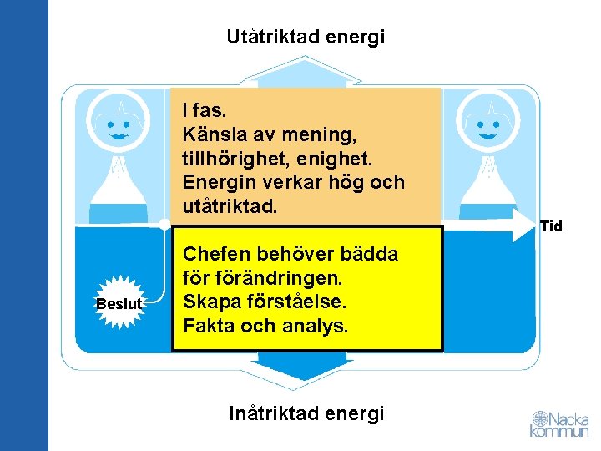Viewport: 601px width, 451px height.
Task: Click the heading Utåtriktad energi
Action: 306,37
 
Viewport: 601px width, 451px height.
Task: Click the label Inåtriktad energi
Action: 306,413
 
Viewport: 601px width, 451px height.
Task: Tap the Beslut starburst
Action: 119,304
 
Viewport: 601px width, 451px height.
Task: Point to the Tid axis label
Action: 551,226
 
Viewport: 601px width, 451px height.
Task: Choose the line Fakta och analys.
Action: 265,326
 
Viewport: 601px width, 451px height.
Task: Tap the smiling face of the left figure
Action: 119,125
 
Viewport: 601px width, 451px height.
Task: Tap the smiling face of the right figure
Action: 487,125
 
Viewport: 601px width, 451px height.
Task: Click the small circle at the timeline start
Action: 165,223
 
